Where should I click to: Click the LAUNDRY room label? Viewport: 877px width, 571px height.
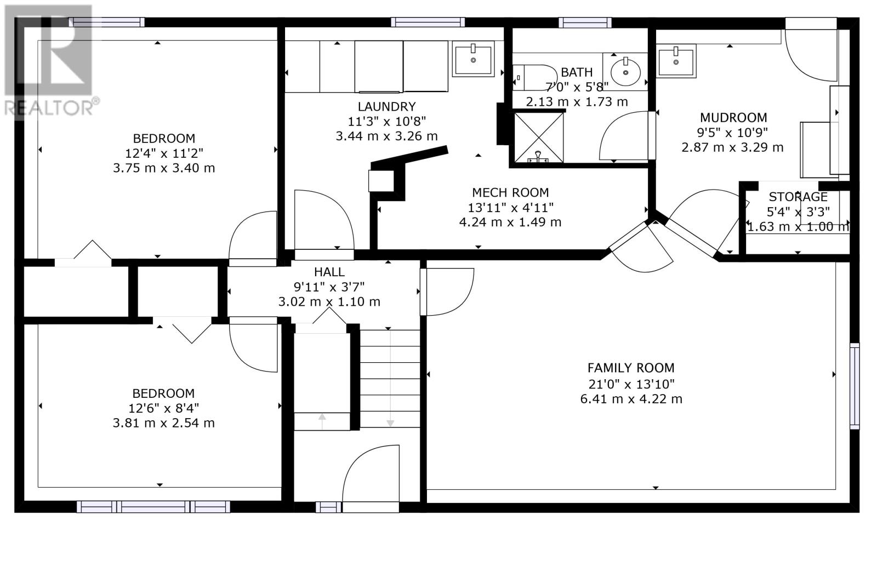coord(386,106)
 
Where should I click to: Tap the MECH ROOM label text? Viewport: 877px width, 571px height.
coord(510,192)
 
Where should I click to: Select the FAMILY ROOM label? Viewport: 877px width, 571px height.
coord(631,368)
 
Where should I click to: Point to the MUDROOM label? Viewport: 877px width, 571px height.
coord(733,117)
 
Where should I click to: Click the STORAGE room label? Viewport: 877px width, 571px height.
coord(798,197)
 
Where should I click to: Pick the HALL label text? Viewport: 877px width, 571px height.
coord(329,272)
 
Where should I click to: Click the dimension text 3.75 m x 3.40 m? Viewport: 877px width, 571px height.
coord(164,168)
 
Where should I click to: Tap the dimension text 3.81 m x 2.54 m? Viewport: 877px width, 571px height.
coord(164,423)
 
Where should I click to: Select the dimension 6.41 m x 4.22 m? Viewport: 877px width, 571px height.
coord(631,399)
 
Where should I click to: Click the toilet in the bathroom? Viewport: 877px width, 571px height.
coord(535,77)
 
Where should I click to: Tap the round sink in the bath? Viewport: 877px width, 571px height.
coord(625,72)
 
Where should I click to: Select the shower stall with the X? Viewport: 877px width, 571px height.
coord(539,138)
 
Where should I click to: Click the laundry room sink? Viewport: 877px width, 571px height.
coord(474,59)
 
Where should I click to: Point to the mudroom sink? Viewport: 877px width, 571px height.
coord(676,61)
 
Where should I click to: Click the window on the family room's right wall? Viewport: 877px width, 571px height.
coord(855,386)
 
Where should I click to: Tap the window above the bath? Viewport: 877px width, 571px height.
coord(585,22)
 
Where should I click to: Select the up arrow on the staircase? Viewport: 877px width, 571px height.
coord(322,421)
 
